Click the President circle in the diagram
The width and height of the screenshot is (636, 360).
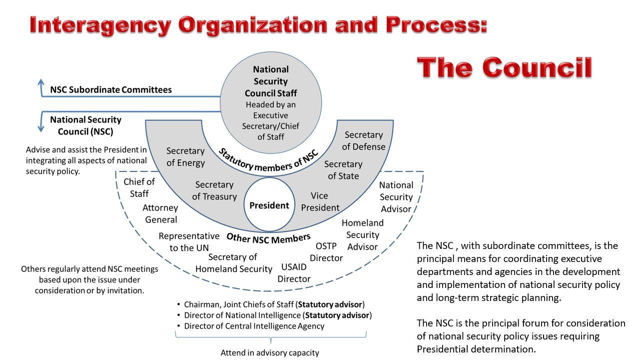(x=269, y=205)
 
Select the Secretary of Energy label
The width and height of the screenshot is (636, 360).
(x=185, y=156)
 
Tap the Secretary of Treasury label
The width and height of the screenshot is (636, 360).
(x=214, y=190)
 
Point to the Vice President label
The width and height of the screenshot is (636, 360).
(x=320, y=201)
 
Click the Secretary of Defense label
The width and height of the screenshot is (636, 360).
(x=364, y=140)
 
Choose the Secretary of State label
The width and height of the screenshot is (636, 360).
(x=343, y=170)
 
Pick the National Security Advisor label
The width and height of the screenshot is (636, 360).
(x=396, y=197)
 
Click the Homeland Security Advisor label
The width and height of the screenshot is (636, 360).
(x=363, y=234)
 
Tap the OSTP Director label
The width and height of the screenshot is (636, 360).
(x=326, y=252)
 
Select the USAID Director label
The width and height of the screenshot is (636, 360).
(x=294, y=272)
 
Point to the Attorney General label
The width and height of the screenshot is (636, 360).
(x=160, y=213)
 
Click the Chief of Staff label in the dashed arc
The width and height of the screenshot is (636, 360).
(x=139, y=187)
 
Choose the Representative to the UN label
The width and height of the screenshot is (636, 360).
(x=189, y=241)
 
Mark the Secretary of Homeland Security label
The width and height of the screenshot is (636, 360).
(x=233, y=263)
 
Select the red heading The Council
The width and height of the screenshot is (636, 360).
(x=505, y=67)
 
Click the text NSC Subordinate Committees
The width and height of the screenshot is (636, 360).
(x=111, y=90)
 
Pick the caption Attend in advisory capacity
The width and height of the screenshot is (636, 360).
(x=270, y=352)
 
